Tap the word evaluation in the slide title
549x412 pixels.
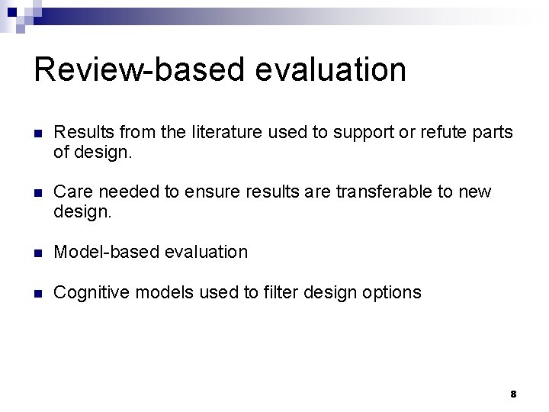coord(331,70)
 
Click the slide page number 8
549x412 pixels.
coord(513,394)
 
